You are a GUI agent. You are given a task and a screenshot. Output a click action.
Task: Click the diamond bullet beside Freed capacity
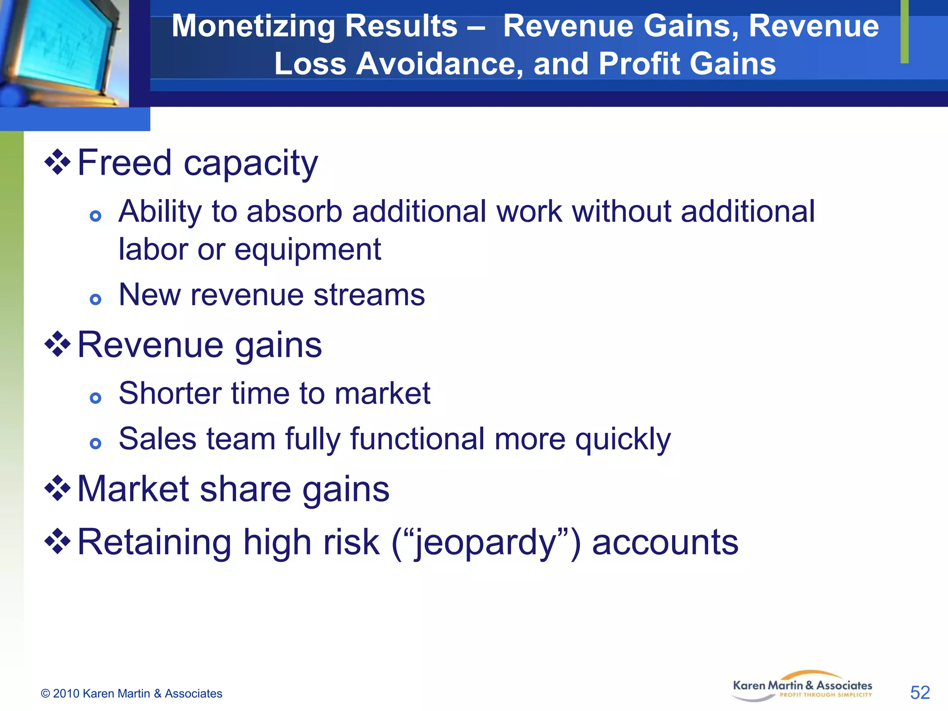click(57, 162)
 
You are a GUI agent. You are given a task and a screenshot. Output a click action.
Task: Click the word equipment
click(307, 249)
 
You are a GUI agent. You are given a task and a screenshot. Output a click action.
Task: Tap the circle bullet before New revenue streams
click(95, 299)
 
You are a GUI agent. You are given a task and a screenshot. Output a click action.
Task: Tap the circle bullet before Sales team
click(95, 443)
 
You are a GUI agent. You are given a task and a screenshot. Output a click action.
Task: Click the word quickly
click(623, 439)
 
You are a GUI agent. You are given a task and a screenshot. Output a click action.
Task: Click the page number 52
click(920, 692)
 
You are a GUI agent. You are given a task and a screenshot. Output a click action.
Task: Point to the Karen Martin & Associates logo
click(802, 687)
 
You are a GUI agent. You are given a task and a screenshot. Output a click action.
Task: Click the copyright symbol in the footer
click(45, 693)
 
